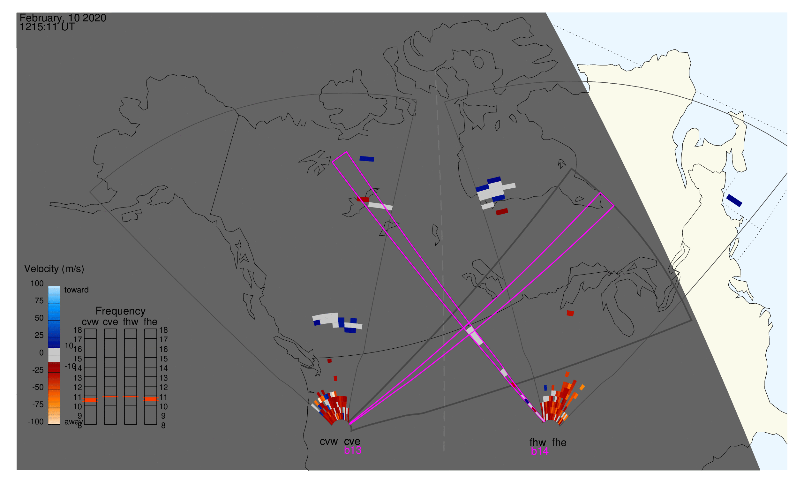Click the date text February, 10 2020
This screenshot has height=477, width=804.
click(x=63, y=18)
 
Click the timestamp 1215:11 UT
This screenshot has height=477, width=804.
click(x=47, y=27)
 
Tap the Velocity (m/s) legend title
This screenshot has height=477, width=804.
click(x=54, y=269)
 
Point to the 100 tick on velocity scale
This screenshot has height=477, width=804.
click(x=37, y=284)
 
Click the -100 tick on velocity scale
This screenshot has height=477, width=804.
click(x=35, y=422)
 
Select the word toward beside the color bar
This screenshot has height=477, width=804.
click(x=77, y=290)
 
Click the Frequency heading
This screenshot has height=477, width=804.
click(x=121, y=311)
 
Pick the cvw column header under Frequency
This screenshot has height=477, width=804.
click(x=90, y=322)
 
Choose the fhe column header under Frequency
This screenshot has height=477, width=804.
click(x=150, y=322)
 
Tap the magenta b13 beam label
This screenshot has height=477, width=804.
click(x=352, y=450)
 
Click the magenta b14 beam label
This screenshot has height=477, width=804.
click(x=539, y=451)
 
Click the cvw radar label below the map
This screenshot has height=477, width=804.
click(x=328, y=442)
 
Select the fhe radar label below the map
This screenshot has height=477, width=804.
click(x=559, y=443)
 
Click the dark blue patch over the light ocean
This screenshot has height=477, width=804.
click(x=734, y=200)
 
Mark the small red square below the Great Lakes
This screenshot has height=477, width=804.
click(x=570, y=314)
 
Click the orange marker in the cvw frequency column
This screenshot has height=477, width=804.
click(x=91, y=400)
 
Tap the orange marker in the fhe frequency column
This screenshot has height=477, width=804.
click(x=150, y=399)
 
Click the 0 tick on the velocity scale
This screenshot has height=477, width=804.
click(x=41, y=353)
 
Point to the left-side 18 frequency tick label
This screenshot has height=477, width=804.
click(x=78, y=330)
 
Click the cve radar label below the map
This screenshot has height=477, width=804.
click(x=352, y=442)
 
